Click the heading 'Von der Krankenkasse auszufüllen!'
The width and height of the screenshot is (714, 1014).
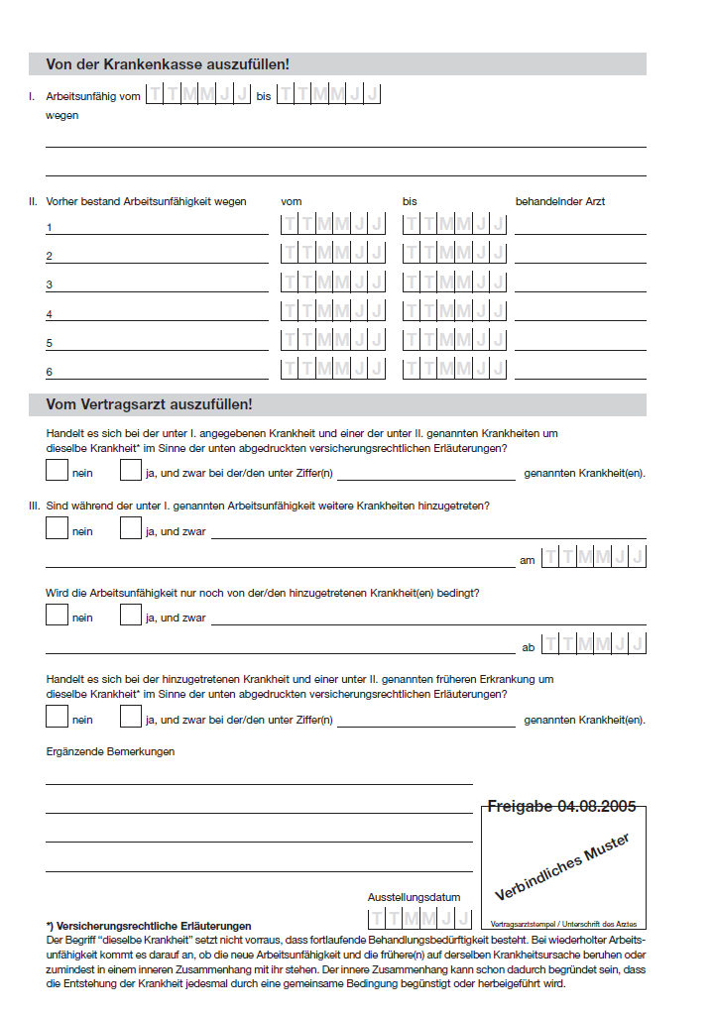pos(168,64)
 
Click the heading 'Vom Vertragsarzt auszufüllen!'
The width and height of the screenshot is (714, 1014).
pos(149,404)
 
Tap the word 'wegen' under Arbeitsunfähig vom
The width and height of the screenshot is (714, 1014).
pos(61,115)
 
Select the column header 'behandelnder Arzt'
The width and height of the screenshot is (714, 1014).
pos(559,201)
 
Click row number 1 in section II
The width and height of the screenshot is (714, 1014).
pos(50,228)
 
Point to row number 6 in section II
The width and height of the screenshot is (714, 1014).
pos(50,373)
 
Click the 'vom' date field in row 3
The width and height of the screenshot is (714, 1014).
pos(332,282)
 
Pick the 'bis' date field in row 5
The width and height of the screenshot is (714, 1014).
pos(454,340)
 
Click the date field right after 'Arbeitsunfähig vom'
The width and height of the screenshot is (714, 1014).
pos(197,95)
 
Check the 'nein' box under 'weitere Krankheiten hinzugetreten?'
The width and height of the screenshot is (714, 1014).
pos(58,528)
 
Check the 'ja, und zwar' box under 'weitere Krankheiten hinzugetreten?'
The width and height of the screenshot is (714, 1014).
pos(131,528)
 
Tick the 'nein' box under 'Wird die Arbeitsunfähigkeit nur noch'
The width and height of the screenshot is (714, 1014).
pos(58,615)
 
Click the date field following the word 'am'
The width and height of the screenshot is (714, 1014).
pos(593,557)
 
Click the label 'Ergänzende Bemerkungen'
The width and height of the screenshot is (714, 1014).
pos(110,751)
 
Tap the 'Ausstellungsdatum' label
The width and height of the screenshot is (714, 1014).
pos(414,897)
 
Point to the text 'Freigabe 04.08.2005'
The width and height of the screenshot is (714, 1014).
pos(561,807)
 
